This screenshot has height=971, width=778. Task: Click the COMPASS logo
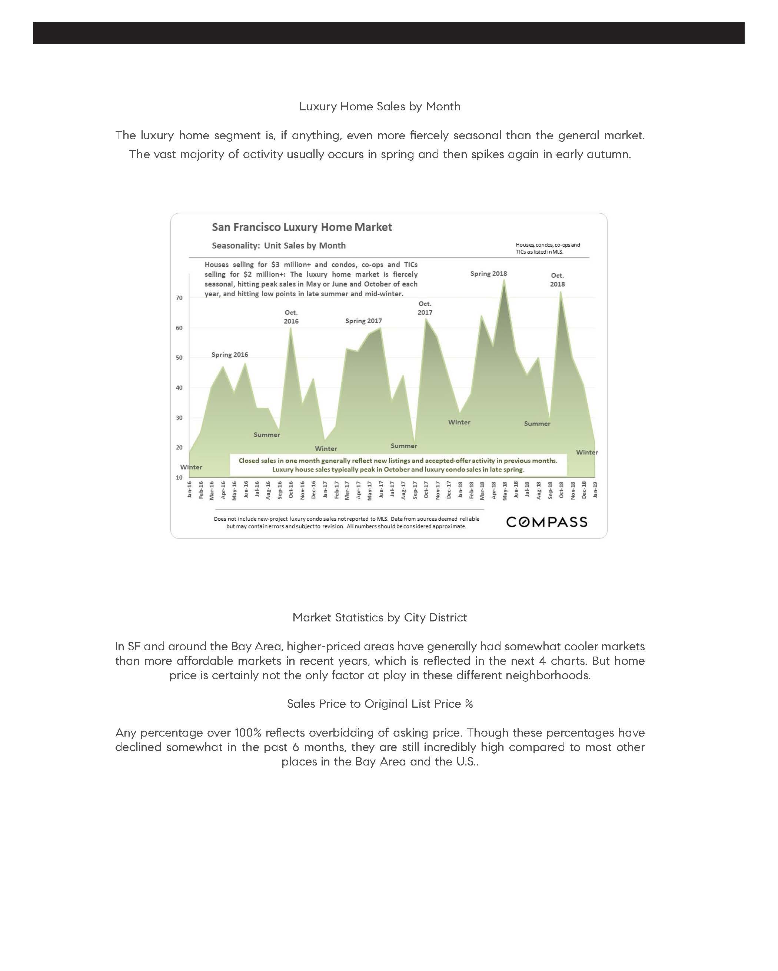[x=546, y=522]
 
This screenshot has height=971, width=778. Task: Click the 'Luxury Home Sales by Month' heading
[x=380, y=107]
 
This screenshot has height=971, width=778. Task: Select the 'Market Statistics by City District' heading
[x=379, y=617]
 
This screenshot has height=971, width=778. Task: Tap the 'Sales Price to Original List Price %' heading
[x=380, y=704]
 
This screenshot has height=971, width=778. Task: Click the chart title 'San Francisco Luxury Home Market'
[x=302, y=227]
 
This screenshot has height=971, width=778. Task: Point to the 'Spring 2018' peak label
[x=488, y=274]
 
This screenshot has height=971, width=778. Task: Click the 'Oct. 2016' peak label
[x=291, y=317]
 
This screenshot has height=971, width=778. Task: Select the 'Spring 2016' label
[x=230, y=355]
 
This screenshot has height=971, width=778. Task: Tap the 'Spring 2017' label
[x=363, y=321]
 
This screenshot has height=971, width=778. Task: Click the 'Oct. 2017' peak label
[x=425, y=308]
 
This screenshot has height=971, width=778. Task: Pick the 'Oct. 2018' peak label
[x=557, y=280]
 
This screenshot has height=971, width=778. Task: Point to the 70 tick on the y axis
[x=179, y=298]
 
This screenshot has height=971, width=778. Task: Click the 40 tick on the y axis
[x=179, y=388]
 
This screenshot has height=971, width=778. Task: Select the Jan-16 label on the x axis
[x=190, y=490]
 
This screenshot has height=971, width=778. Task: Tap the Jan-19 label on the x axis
[x=595, y=490]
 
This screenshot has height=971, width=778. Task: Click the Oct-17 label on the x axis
[x=426, y=490]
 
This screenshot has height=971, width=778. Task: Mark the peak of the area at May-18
[x=504, y=280]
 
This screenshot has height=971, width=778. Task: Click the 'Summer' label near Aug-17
[x=404, y=446]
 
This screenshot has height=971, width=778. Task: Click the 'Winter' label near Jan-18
[x=459, y=423]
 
